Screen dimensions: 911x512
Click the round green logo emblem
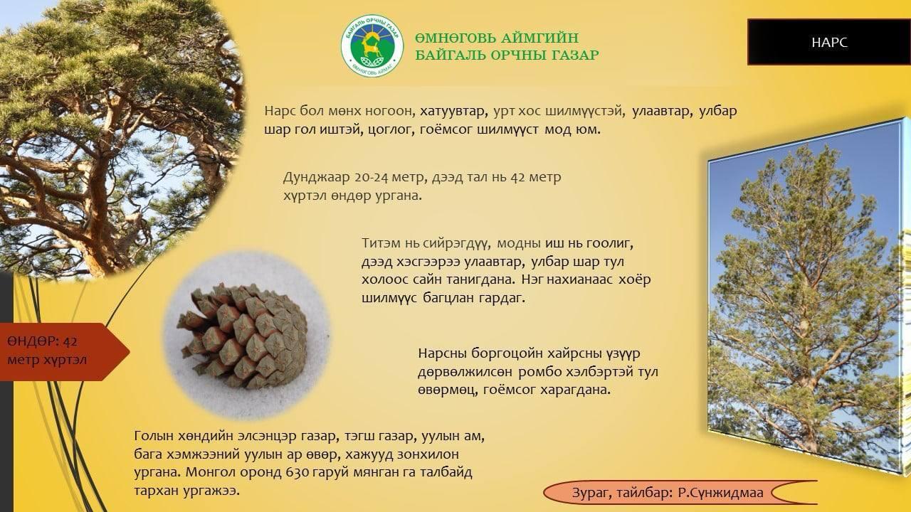(372, 46)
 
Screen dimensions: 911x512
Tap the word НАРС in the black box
(829, 42)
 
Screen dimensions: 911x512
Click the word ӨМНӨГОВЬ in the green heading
(454, 38)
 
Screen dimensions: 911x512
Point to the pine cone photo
(246, 335)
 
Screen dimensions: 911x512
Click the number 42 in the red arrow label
(70, 341)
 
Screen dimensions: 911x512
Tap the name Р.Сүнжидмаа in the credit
(720, 493)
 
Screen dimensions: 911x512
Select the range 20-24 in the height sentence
(372, 178)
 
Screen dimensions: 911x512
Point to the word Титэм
(381, 243)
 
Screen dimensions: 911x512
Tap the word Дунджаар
(317, 178)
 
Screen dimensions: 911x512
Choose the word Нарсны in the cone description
(442, 353)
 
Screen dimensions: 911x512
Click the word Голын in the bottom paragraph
(153, 436)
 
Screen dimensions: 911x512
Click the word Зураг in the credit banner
(591, 493)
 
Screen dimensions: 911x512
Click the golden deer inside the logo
(371, 46)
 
